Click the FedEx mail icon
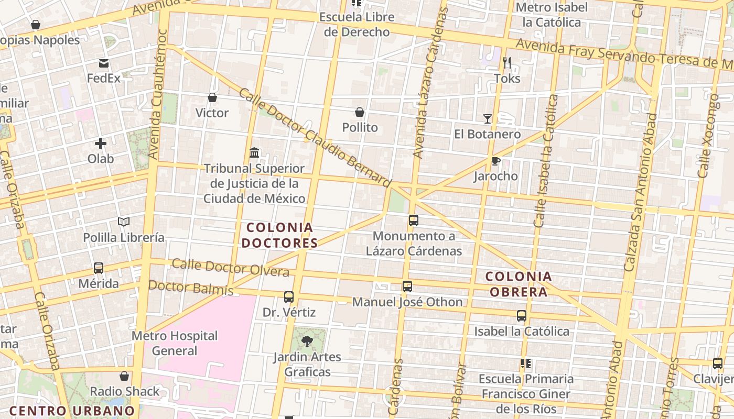pos(104,64)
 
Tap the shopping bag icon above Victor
pos(212,97)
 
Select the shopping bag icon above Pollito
pos(360,112)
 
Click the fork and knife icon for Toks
pos(507,63)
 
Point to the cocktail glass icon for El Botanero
pos(488,119)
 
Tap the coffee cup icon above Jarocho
pos(495,161)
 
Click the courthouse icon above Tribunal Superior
pos(254,153)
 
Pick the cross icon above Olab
pos(101,144)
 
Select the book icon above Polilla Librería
pos(124,222)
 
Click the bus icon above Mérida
pos(98,268)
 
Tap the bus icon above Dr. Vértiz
pos(289,297)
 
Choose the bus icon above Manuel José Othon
pos(407,286)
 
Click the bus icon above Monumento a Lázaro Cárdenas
pos(414,220)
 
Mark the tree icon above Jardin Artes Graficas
pos(307,341)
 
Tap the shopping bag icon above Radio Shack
pos(124,376)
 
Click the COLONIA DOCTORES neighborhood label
pos(280,235)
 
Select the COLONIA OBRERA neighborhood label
pos(519,284)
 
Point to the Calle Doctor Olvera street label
pos(231,267)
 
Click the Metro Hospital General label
pos(175,343)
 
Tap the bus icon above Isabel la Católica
pos(522,316)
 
